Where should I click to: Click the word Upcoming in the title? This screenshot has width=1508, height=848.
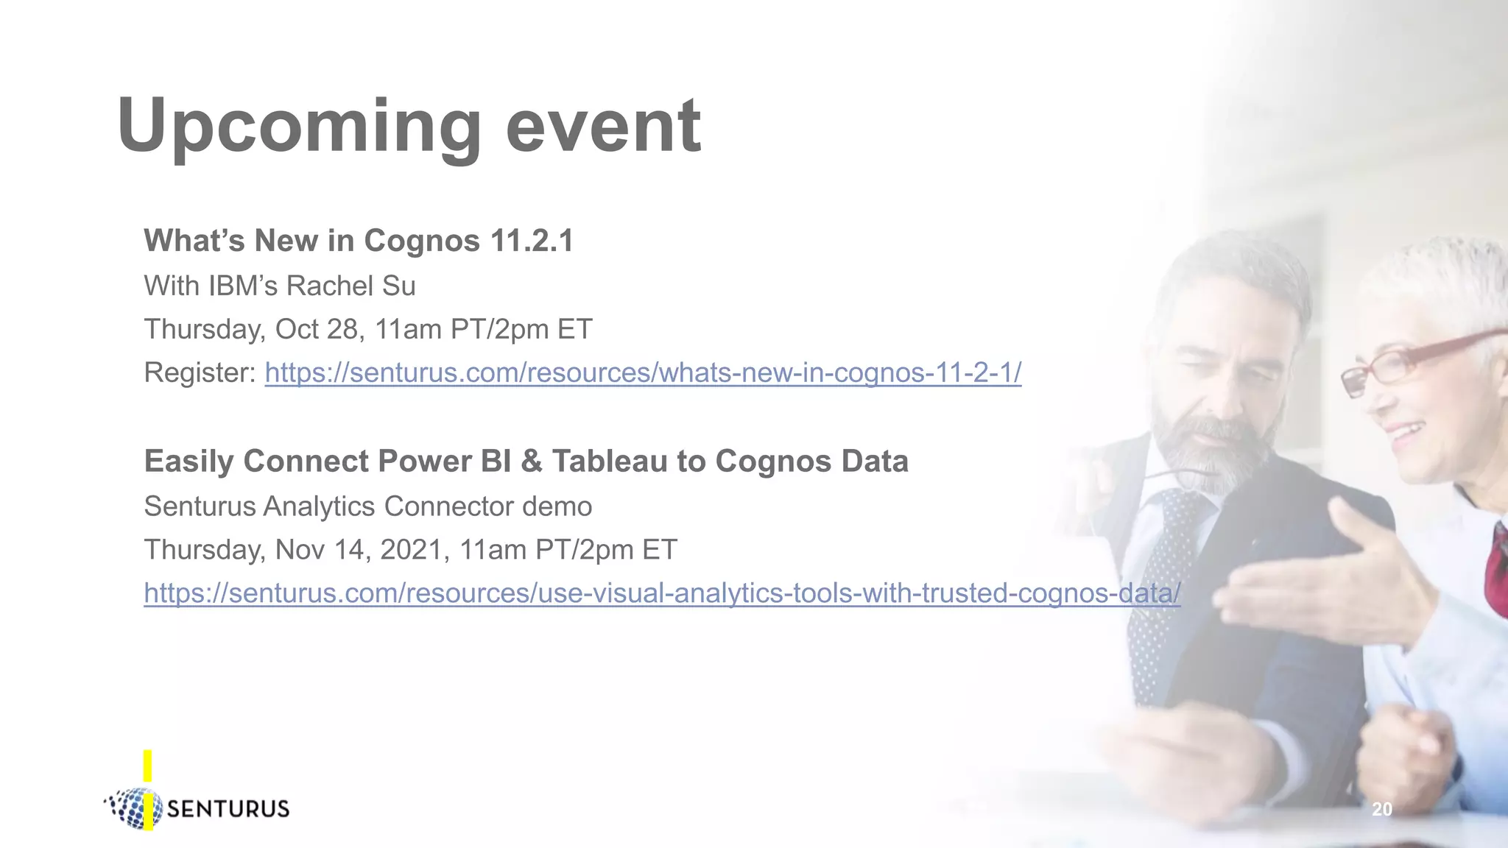pos(299,127)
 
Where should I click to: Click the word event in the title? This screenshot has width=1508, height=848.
pos(603,127)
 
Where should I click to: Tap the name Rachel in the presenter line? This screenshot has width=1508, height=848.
pos(331,286)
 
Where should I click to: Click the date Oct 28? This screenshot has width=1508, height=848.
pos(316,329)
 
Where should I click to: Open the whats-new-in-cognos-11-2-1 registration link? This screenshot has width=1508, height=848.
pos(643,373)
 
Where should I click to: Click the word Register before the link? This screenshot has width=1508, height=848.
pos(199,373)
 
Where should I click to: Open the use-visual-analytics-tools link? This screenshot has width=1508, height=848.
pos(661,593)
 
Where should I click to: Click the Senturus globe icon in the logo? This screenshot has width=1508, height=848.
pos(135,808)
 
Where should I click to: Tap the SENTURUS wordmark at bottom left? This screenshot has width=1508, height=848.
pos(228,809)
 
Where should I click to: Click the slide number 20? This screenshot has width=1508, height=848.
pos(1381,810)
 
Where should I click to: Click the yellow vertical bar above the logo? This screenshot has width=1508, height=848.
pos(148,766)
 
